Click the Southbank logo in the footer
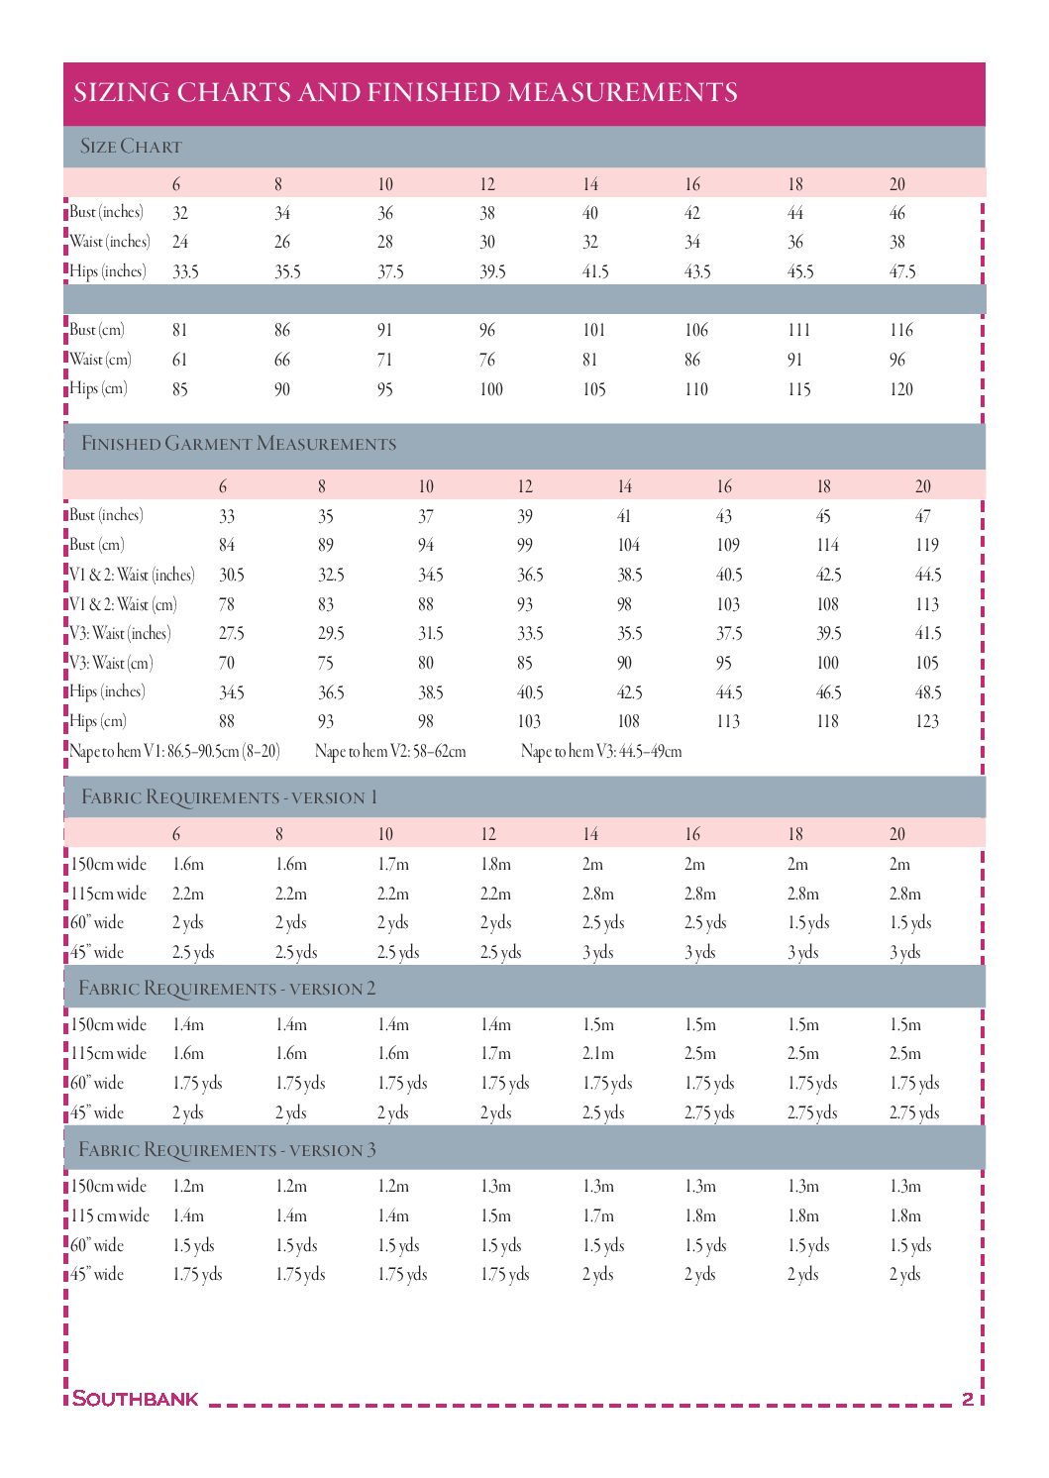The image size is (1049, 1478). pos(136,1399)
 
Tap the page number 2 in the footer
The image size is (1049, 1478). pos(968,1399)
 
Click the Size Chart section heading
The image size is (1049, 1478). pos(131,147)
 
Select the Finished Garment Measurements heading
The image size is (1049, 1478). pos(239,444)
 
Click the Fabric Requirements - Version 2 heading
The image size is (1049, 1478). pos(227,989)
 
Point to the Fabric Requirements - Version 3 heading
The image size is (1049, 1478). pos(227,1150)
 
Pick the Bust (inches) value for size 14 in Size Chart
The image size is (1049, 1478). pos(590,213)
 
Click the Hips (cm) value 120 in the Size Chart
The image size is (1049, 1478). pos(901,389)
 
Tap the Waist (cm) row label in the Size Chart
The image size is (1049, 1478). pos(100,360)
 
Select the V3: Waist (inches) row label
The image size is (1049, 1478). pos(120,633)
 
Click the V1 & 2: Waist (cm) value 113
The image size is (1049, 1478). pos(927,604)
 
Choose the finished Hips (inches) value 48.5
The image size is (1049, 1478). pos(928,692)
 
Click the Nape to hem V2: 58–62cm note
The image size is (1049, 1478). pos(390,752)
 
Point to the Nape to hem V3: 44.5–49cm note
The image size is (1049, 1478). pos(601,752)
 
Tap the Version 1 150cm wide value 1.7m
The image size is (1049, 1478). pos(393,864)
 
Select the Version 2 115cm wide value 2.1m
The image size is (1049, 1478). pos(598,1053)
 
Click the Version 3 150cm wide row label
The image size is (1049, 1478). pos(109,1186)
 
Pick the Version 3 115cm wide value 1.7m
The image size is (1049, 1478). pos(598,1215)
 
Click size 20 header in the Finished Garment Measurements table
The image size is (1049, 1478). pos(923,486)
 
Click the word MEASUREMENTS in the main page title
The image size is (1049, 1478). pos(622,92)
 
